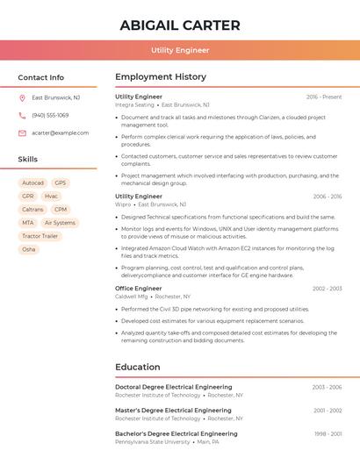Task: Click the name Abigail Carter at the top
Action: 179,24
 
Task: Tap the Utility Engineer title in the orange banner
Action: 180,50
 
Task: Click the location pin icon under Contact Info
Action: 22,97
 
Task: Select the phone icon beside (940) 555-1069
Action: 22,115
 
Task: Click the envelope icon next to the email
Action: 22,133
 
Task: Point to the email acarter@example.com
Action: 61,133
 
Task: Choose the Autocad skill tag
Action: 32,183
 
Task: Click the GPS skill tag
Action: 60,183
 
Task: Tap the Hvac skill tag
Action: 51,197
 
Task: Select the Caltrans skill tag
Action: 32,210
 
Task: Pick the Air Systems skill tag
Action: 60,223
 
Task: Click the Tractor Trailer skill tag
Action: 40,236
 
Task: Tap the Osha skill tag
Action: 29,249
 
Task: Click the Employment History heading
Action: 161,77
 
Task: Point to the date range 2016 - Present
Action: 324,97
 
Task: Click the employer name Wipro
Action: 123,204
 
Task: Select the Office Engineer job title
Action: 139,288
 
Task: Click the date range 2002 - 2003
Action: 327,288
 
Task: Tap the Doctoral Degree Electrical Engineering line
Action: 174,387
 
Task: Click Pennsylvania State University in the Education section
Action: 152,442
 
